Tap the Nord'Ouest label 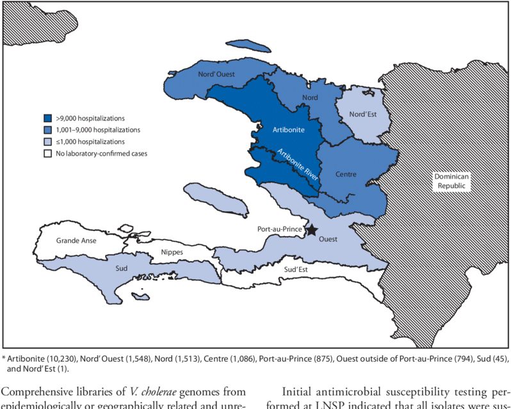[216, 75]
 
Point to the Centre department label [345, 173]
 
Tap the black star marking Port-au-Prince [312, 229]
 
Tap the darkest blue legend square [48, 118]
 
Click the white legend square [48, 154]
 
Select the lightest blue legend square [48, 141]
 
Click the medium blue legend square [48, 130]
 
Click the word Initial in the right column [298, 390]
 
